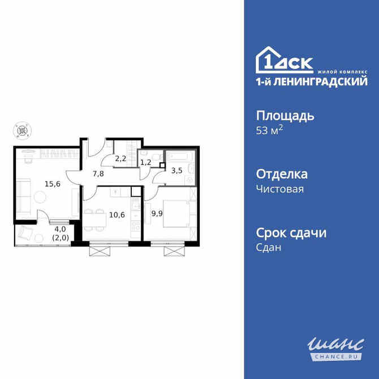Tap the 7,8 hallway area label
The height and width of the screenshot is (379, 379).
(98, 174)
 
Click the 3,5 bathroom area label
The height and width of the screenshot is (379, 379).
(176, 170)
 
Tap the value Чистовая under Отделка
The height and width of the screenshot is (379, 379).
(280, 189)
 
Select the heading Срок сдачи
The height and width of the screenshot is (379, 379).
(292, 232)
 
